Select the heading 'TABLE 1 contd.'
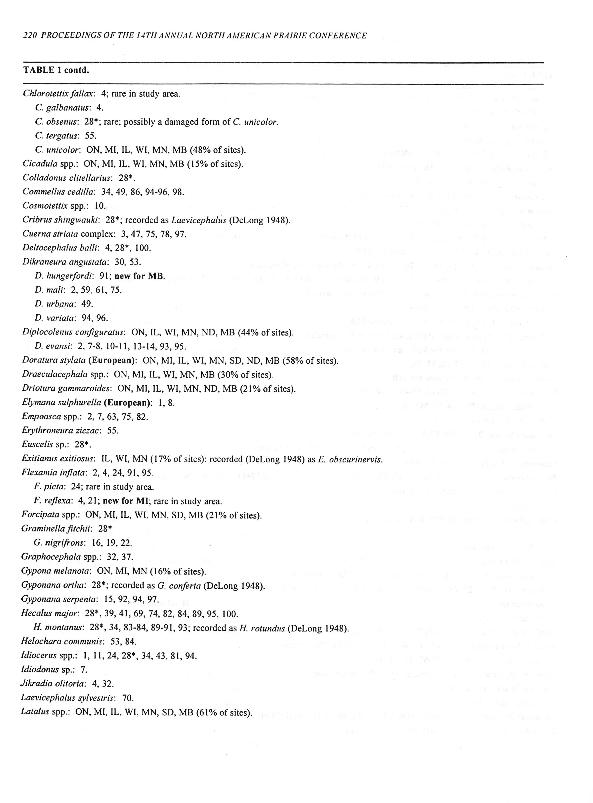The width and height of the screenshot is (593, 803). [x=56, y=70]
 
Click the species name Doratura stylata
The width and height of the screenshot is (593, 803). [x=54, y=361]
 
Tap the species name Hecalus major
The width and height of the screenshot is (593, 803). [x=50, y=614]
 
